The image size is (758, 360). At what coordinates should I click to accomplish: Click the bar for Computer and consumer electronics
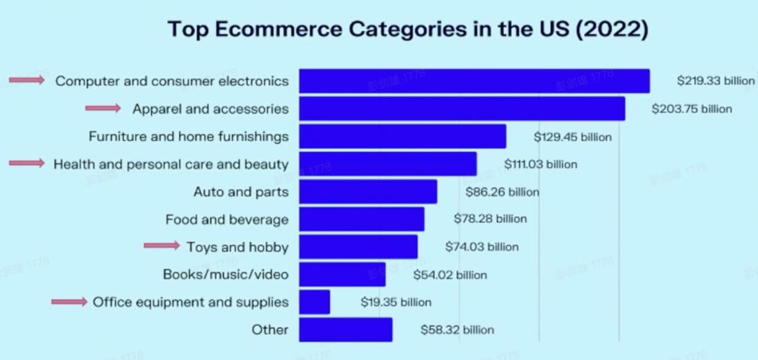pyautogui.click(x=474, y=81)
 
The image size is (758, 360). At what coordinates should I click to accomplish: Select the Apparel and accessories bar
pyautogui.click(x=462, y=109)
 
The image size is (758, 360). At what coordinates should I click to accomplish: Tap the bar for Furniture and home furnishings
pyautogui.click(x=402, y=136)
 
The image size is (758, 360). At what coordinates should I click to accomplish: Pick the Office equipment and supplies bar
pyautogui.click(x=314, y=302)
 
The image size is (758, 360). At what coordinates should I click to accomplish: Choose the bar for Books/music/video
pyautogui.click(x=342, y=274)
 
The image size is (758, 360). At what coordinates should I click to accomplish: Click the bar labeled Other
pyautogui.click(x=345, y=330)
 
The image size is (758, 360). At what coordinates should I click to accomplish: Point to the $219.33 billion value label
pyautogui.click(x=715, y=81)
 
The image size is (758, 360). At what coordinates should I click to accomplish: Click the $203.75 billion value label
pyautogui.click(x=691, y=109)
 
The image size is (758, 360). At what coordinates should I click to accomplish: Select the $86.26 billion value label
pyautogui.click(x=503, y=192)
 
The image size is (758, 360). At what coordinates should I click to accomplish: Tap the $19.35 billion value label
pyautogui.click(x=396, y=302)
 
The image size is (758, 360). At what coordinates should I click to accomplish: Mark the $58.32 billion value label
pyautogui.click(x=457, y=330)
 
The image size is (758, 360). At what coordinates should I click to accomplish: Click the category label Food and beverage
pyautogui.click(x=227, y=220)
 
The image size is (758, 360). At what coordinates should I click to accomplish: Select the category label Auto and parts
pyautogui.click(x=241, y=192)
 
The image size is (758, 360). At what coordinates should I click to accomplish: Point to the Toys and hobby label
pyautogui.click(x=237, y=247)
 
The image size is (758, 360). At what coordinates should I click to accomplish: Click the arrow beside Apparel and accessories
pyautogui.click(x=103, y=108)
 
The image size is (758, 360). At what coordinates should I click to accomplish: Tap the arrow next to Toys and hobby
pyautogui.click(x=161, y=246)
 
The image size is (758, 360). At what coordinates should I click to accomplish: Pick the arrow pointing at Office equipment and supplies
pyautogui.click(x=69, y=302)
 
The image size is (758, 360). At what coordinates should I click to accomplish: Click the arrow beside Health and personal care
pyautogui.click(x=27, y=163)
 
